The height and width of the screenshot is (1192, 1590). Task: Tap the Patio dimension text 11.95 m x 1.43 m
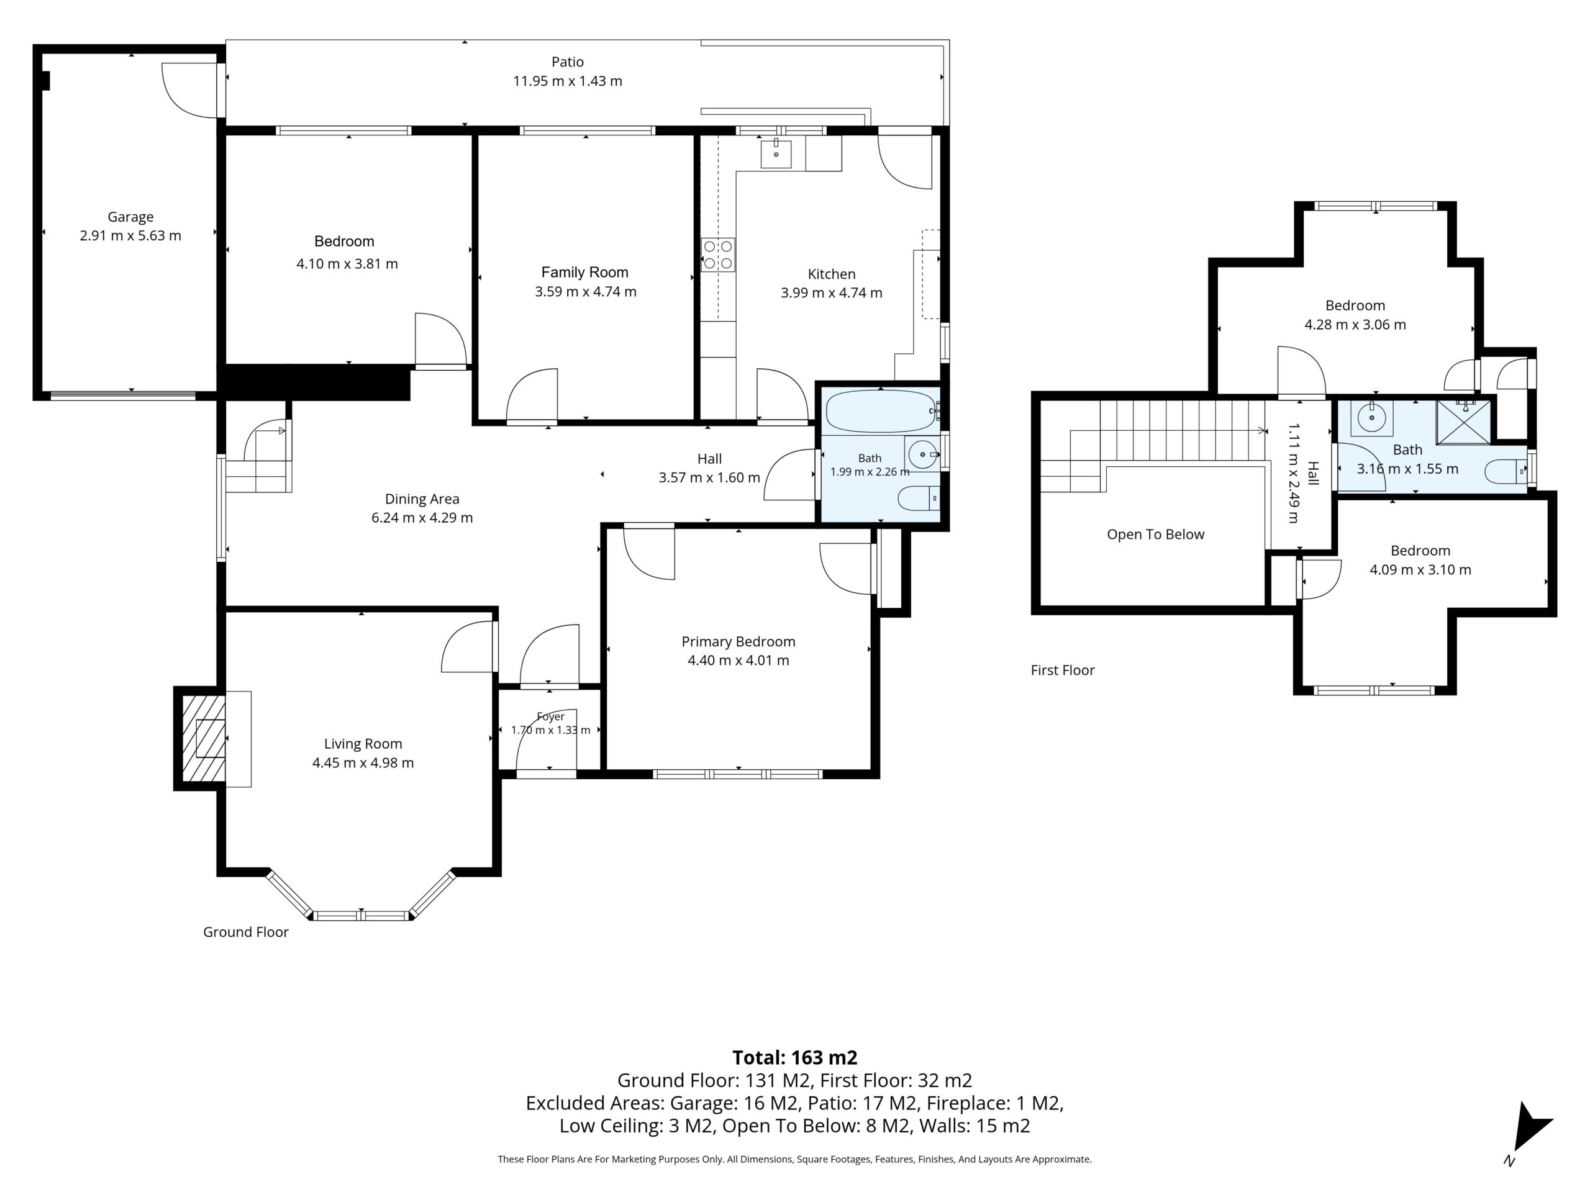tap(567, 81)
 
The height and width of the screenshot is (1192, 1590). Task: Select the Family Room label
tap(584, 273)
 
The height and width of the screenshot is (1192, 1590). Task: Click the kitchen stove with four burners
tap(718, 255)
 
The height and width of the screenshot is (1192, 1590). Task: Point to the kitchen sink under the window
tap(776, 154)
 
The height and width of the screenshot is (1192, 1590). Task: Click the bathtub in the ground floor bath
tap(881, 411)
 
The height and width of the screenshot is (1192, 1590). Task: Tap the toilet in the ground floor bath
tap(919, 497)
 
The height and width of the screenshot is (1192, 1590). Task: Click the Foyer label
tap(551, 716)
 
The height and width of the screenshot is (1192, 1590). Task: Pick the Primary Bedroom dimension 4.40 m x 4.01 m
tap(738, 661)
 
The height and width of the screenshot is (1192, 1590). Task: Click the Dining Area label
tap(422, 499)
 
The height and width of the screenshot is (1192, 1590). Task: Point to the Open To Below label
tap(1155, 534)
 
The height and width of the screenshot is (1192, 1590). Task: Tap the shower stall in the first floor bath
tap(1463, 423)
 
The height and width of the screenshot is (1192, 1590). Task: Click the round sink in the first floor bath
tap(1371, 417)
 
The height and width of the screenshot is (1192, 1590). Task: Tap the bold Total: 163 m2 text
tap(794, 1058)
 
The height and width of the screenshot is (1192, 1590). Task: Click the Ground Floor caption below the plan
tap(246, 932)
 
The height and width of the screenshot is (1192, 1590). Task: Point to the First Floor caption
tap(1063, 670)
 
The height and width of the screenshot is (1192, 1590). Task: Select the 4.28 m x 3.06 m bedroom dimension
tap(1355, 324)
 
